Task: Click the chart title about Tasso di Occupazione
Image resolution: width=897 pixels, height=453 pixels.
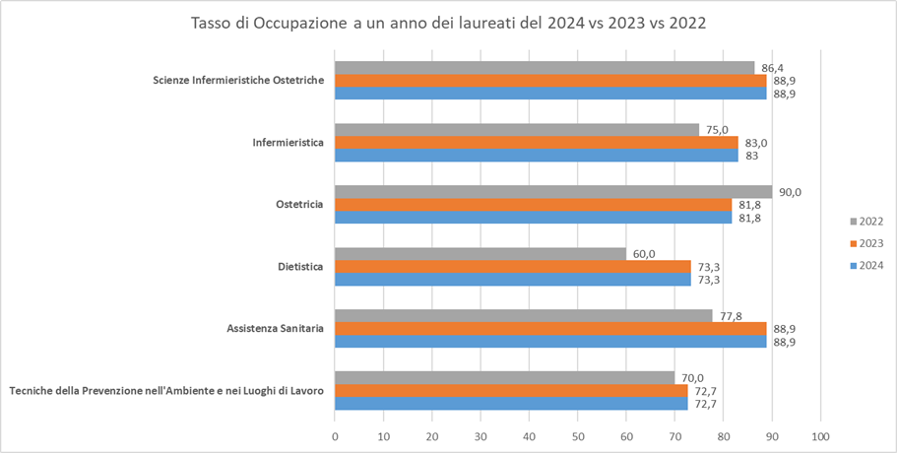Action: click(448, 23)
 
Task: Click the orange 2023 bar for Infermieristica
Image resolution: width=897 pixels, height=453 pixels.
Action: click(537, 143)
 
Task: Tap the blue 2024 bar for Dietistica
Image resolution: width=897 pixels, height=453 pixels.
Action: click(513, 280)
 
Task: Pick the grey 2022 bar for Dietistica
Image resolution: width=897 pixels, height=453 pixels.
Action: click(481, 254)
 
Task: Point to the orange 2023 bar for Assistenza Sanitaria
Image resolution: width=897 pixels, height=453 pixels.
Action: click(550, 328)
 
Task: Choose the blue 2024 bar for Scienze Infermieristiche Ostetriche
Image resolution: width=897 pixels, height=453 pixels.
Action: click(550, 94)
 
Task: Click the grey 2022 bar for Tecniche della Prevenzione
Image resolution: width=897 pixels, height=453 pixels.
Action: click(505, 378)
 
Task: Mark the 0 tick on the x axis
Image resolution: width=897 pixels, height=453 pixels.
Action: click(336, 435)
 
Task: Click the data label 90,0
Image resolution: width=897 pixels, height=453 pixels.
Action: click(790, 192)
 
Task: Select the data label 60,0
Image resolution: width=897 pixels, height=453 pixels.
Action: click(644, 254)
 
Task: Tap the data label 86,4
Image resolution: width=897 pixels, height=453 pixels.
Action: click(773, 68)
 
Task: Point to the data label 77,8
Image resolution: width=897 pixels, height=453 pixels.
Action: click(731, 315)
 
